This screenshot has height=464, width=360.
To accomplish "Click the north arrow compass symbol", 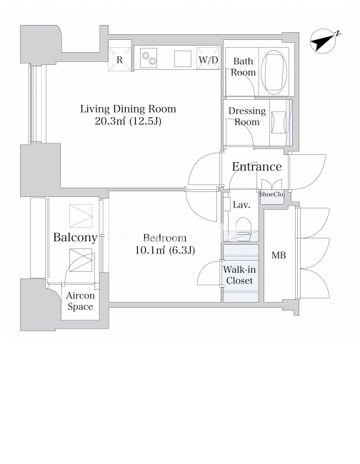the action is pyautogui.click(x=324, y=41).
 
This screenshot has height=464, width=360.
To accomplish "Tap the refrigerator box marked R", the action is pyautogui.click(x=119, y=59).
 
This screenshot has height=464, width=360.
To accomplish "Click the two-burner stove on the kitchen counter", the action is pyautogui.click(x=149, y=58).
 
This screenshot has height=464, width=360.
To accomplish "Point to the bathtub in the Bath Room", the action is pyautogui.click(x=274, y=72).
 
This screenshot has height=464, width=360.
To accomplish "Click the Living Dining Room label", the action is pyautogui.click(x=128, y=109).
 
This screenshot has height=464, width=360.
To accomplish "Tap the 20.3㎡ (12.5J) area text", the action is pyautogui.click(x=128, y=121).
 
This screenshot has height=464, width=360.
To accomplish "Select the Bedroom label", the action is pyautogui.click(x=165, y=238).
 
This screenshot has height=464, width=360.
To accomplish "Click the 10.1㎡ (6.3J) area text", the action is pyautogui.click(x=165, y=251).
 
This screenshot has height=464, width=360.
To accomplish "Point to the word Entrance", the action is pyautogui.click(x=256, y=166).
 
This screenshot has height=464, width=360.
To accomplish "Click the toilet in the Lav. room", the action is pyautogui.click(x=244, y=226).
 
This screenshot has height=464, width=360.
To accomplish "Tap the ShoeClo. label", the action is pyautogui.click(x=271, y=194).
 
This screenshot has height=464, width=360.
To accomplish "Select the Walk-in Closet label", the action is pyautogui.click(x=239, y=275).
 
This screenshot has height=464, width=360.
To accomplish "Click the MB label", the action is pyautogui.click(x=279, y=255).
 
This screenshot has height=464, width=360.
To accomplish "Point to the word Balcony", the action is pyautogui.click(x=75, y=237).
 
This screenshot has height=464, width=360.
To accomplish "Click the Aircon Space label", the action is pyautogui.click(x=80, y=301).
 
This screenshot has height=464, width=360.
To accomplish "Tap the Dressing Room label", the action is pyautogui.click(x=247, y=116).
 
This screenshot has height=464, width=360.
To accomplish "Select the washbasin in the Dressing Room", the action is pyautogui.click(x=279, y=122).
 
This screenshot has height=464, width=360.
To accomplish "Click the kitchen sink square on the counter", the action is pyautogui.click(x=183, y=59).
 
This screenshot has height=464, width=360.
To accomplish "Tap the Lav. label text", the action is pyautogui.click(x=241, y=205).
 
